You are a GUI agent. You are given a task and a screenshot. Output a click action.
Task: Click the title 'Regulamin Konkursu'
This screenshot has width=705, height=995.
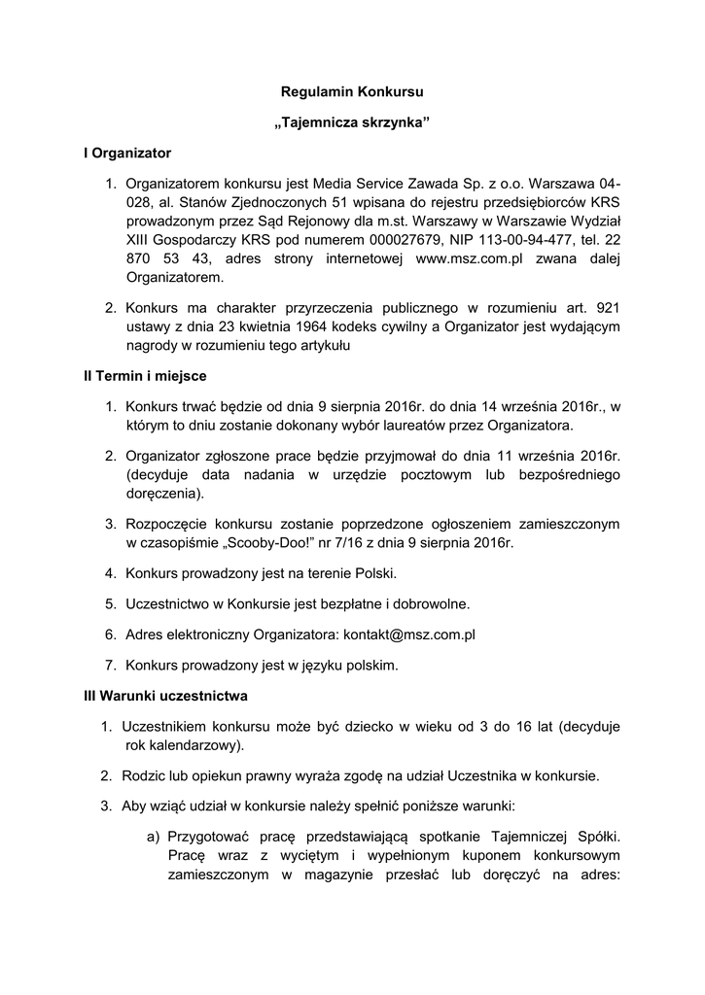click(x=352, y=93)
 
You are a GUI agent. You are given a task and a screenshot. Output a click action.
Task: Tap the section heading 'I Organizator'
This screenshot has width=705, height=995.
click(x=127, y=154)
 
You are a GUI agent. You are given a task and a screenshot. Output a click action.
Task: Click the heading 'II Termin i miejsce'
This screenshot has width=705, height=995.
click(x=145, y=375)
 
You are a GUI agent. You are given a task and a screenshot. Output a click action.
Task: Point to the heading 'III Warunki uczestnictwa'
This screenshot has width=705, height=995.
click(x=165, y=696)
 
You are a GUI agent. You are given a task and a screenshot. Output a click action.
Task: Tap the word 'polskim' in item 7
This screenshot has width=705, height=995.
click(x=373, y=666)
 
